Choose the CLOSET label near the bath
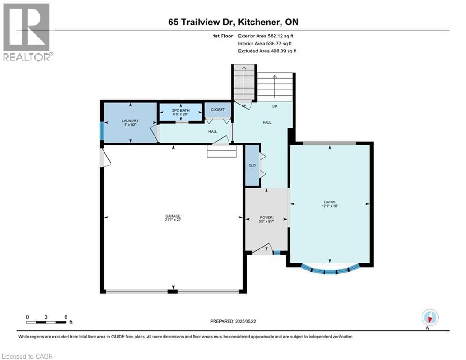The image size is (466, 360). [x=218, y=110]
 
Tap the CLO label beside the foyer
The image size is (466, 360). [x=252, y=165]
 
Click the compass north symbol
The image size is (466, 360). [x=429, y=318]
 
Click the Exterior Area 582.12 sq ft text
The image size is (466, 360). [x=266, y=36]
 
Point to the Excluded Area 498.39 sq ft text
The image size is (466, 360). [x=267, y=51]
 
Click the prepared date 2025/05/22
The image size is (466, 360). [x=234, y=321]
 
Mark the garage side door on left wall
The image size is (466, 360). [x=105, y=157]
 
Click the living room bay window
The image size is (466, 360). [x=330, y=270]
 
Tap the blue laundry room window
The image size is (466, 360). [x=102, y=131]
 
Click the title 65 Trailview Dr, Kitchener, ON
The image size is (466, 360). [x=233, y=22]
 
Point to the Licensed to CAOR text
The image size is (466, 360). [x=28, y=356]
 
